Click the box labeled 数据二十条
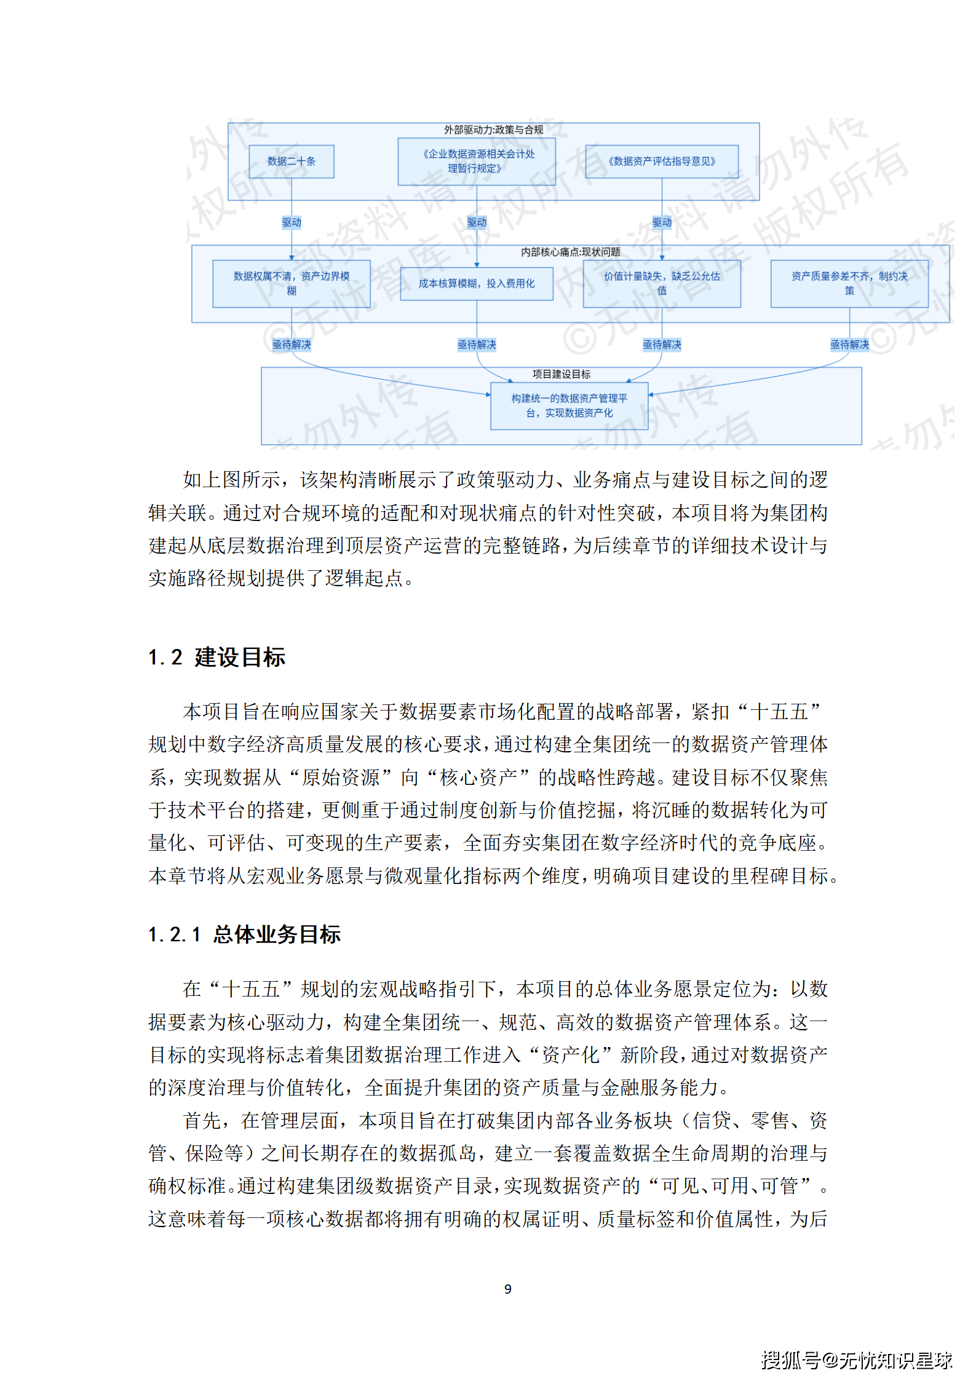[291, 162]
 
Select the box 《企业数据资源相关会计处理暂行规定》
[476, 162]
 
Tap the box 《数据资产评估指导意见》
[661, 162]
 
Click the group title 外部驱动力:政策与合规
[493, 130]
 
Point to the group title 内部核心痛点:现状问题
[570, 252]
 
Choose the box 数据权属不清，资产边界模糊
[291, 284]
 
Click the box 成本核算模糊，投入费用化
[476, 284]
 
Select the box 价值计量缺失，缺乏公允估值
[661, 284]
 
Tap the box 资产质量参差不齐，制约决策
[849, 284]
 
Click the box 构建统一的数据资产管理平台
[569, 406]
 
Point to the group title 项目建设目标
[561, 374]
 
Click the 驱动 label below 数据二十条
[292, 222]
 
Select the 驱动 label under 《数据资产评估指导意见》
[662, 222]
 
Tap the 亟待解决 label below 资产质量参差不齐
[849, 344]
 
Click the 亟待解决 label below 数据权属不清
[292, 344]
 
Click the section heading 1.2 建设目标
[217, 657]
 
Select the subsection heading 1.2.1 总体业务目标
[244, 934]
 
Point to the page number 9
[507, 1289]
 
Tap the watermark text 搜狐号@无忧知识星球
[856, 1359]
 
